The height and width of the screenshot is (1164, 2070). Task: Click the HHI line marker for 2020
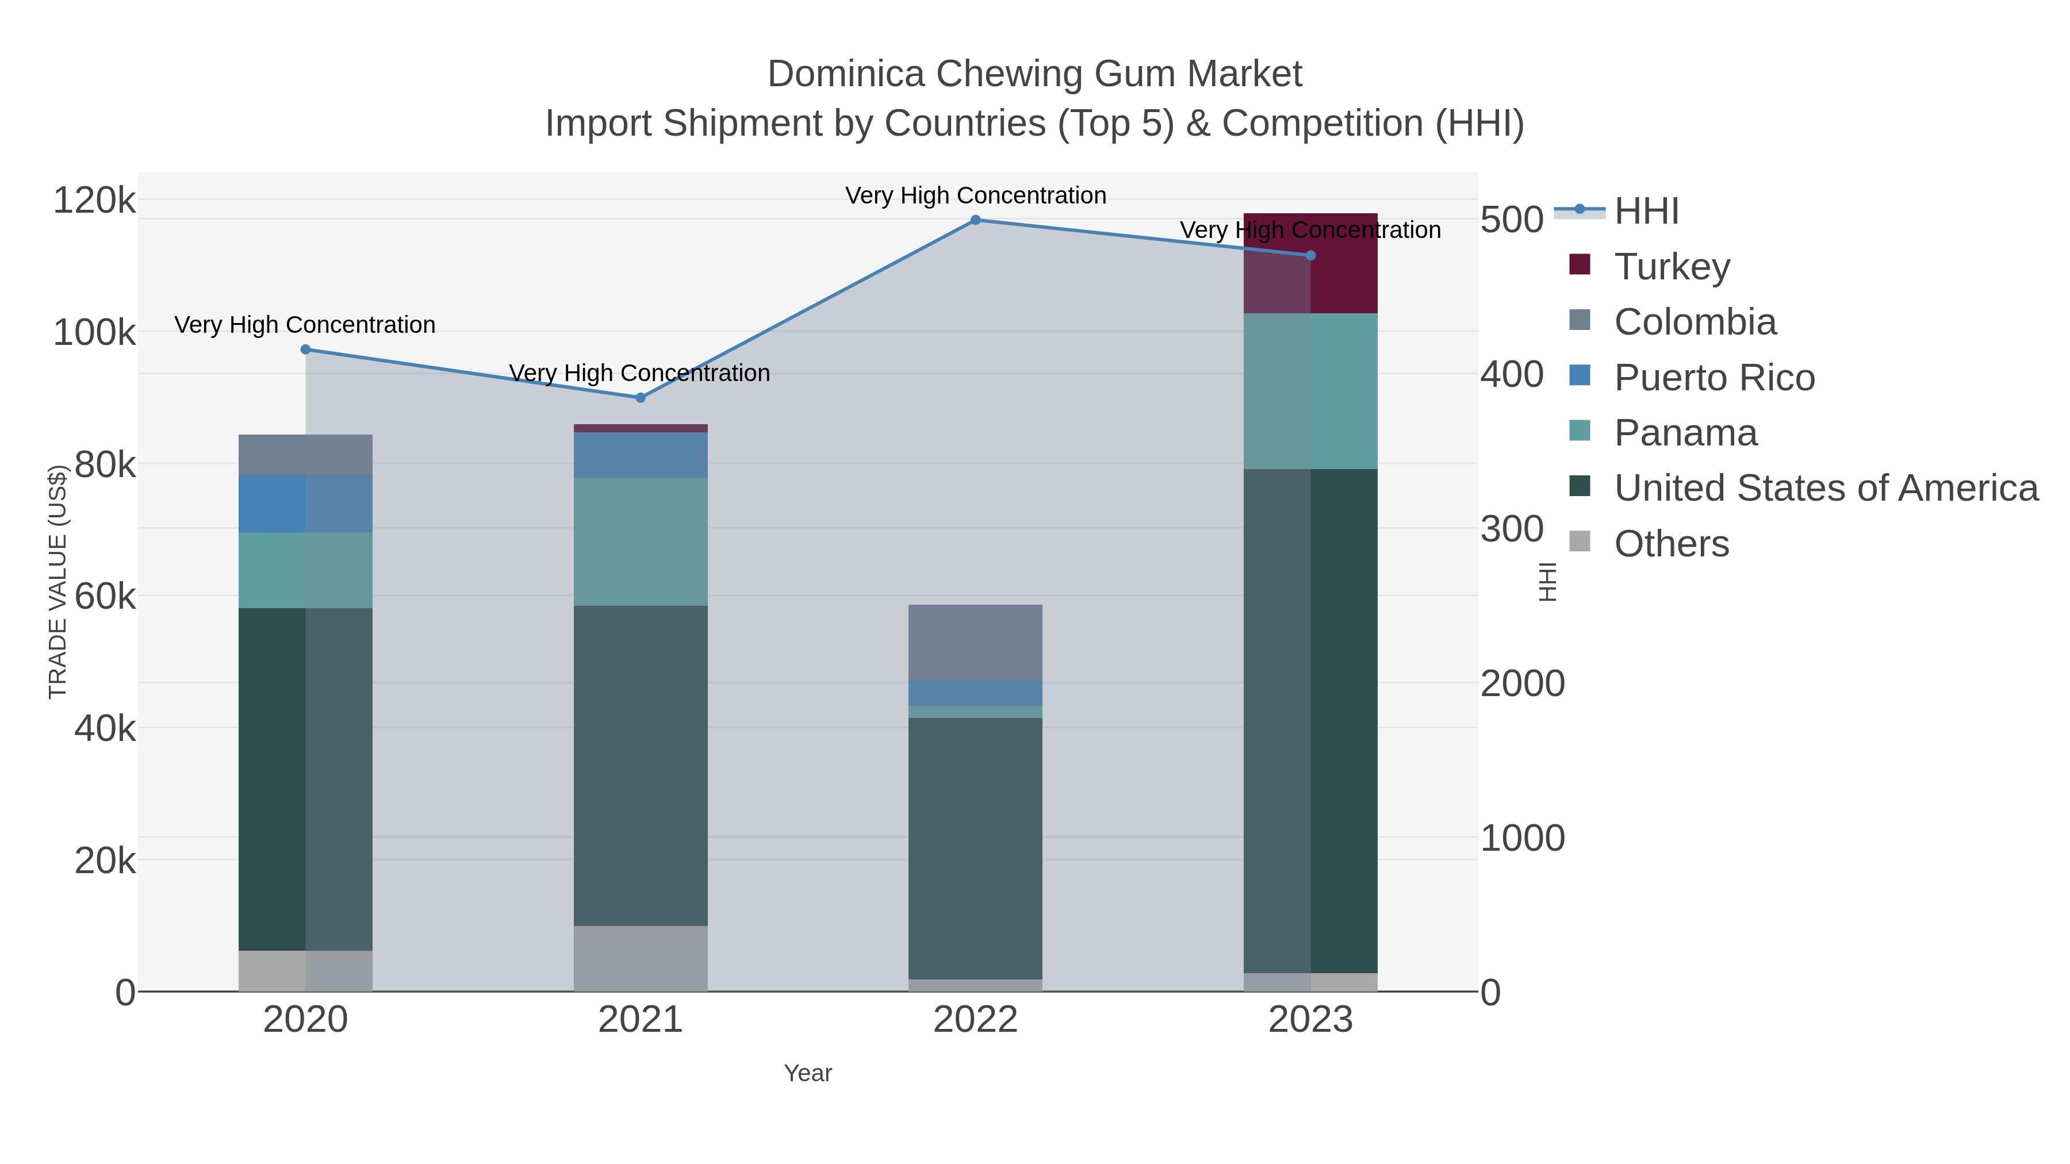point(305,349)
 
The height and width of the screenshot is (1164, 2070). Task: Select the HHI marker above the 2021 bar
point(641,398)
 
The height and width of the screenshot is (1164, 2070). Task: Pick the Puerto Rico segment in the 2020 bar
point(305,504)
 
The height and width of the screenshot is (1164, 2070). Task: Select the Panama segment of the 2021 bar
point(641,542)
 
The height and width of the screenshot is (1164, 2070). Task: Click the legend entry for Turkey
point(1672,267)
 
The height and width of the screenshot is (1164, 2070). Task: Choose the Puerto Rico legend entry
point(1714,378)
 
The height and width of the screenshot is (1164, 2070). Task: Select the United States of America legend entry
point(1826,489)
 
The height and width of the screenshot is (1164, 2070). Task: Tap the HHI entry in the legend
point(1646,212)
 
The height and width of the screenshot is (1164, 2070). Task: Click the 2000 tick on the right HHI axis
point(1522,683)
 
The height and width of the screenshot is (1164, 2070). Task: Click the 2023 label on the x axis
point(1310,1020)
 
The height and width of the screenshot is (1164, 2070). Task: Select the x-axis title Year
point(808,1073)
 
